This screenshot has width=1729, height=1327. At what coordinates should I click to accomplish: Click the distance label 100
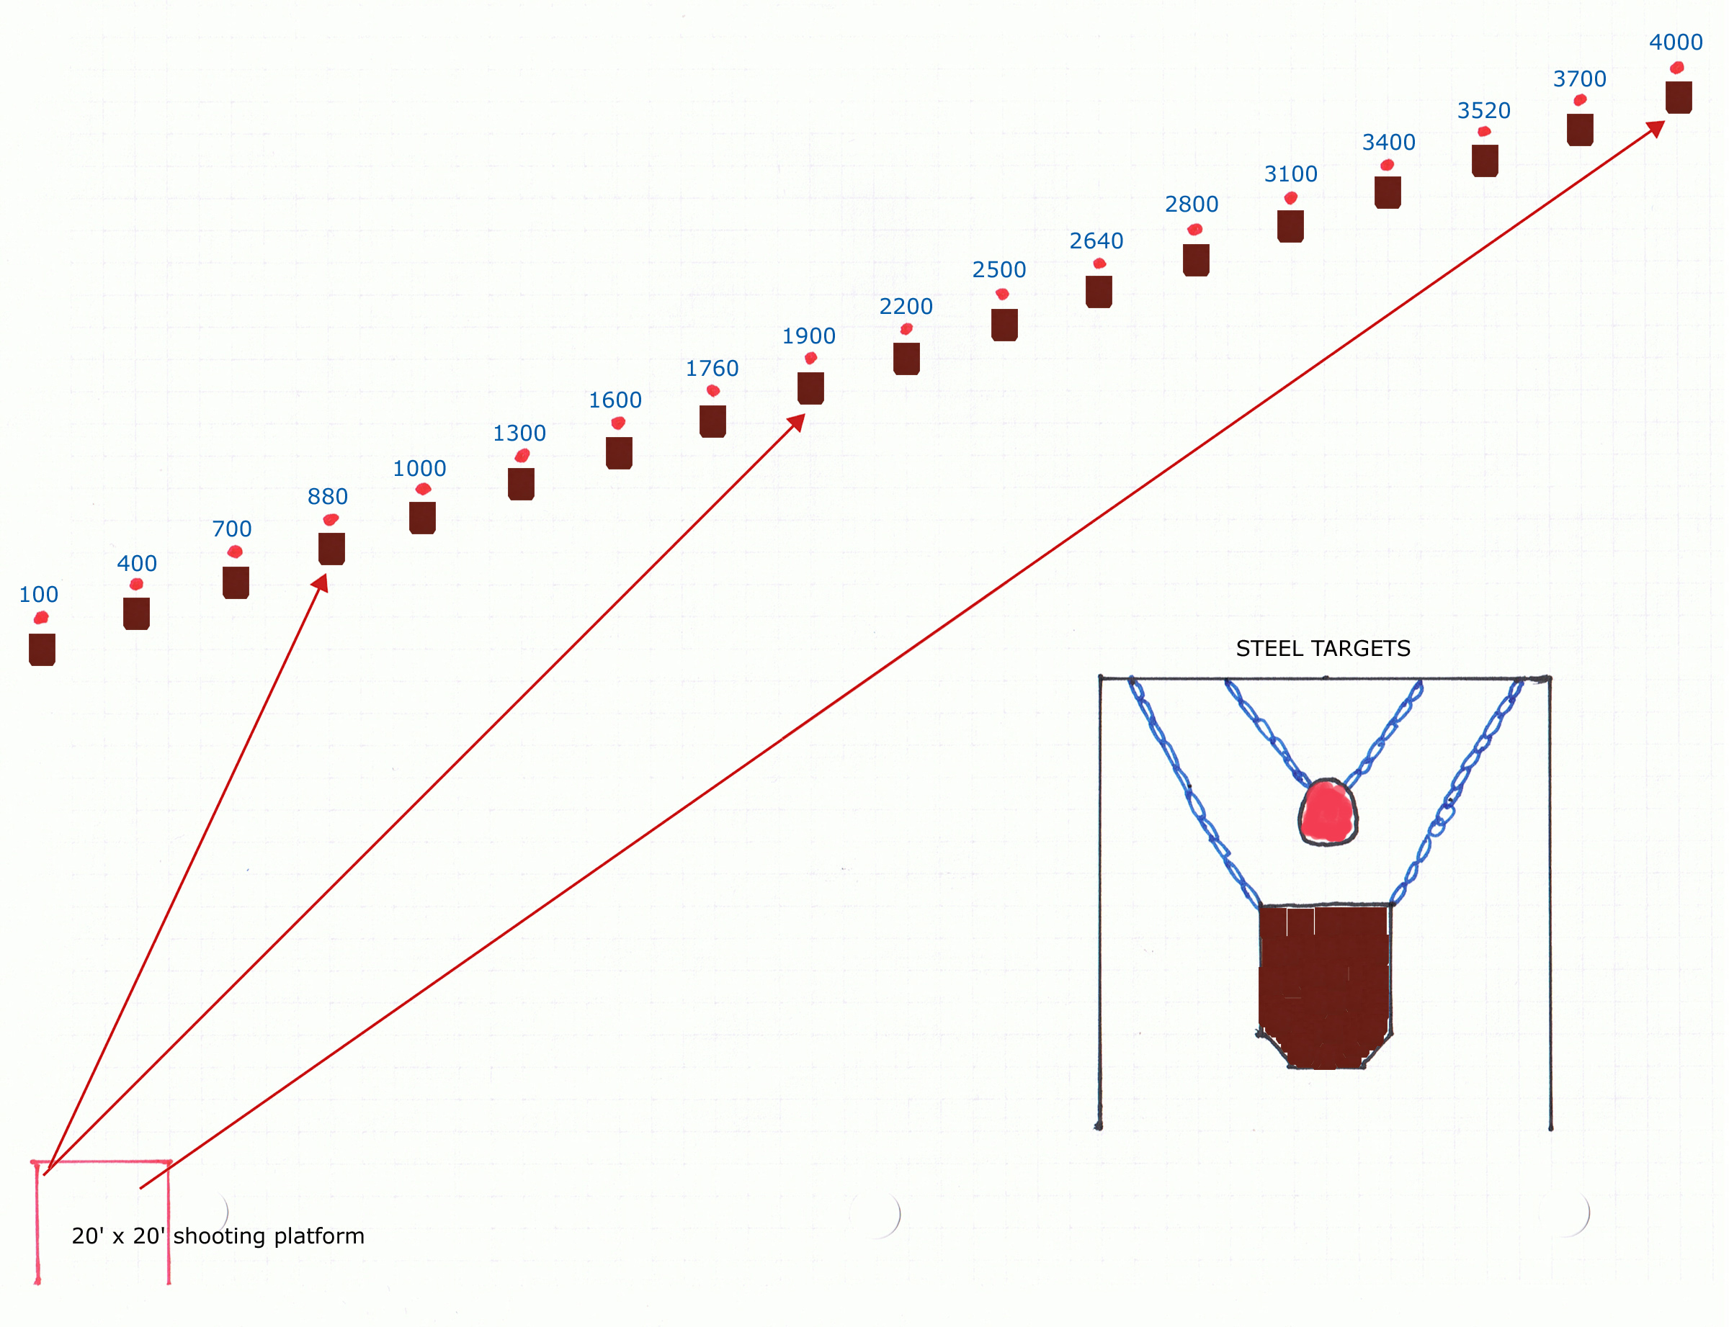(39, 594)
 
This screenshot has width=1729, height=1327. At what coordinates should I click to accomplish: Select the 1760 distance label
(712, 368)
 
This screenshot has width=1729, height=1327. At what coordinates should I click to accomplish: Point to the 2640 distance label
(1096, 241)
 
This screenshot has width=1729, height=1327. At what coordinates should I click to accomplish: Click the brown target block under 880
(332, 549)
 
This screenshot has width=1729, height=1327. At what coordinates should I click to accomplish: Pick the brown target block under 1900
(810, 389)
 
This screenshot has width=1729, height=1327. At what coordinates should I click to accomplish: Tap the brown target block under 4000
(1679, 98)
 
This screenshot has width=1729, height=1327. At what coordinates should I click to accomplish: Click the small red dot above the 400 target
(136, 585)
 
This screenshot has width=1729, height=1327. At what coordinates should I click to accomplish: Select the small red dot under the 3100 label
(1290, 198)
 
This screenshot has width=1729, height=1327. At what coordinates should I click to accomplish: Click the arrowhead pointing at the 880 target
(320, 583)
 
